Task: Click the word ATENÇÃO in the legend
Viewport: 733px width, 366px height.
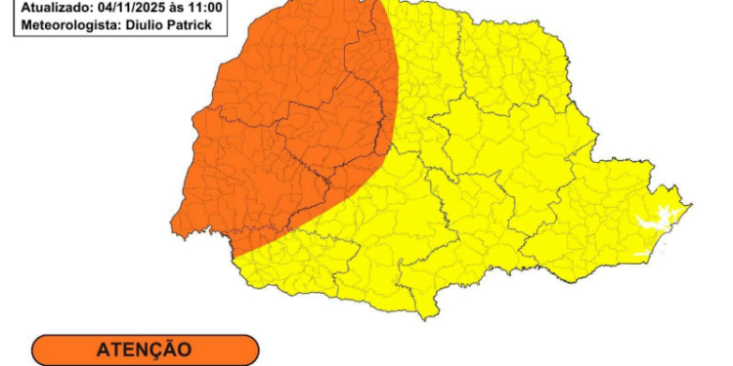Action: pyautogui.click(x=144, y=348)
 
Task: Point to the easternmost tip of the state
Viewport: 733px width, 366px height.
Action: pyautogui.click(x=693, y=205)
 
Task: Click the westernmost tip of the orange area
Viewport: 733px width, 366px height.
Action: pyautogui.click(x=171, y=231)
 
